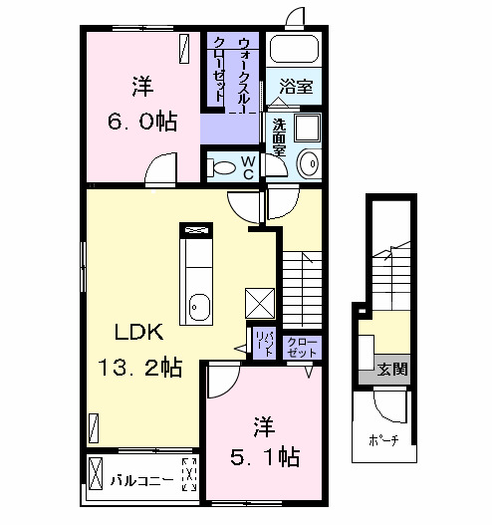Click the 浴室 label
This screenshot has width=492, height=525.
tap(295, 88)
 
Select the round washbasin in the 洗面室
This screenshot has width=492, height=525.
tap(308, 162)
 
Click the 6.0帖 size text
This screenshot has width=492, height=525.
tap(142, 122)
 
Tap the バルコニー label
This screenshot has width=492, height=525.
tap(141, 480)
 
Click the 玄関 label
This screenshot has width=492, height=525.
tap(392, 369)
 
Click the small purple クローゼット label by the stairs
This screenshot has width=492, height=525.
tap(304, 346)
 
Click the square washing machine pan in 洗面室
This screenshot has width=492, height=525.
tap(307, 129)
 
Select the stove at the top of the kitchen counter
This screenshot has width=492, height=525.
tap(194, 231)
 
